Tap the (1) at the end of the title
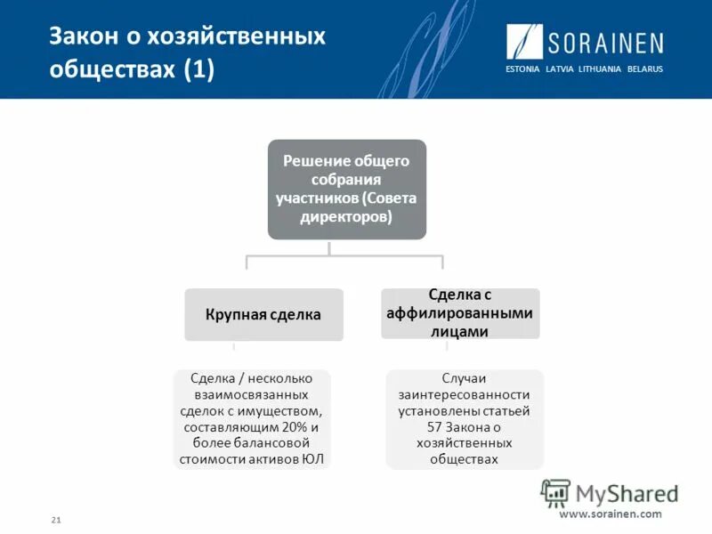[199, 71]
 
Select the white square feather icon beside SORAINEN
[525, 42]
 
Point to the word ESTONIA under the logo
[522, 69]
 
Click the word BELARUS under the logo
[644, 69]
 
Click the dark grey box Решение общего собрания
[347, 189]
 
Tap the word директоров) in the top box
[347, 216]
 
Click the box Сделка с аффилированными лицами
[460, 312]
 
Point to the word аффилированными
[460, 312]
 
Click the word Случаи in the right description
[464, 377]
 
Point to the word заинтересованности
[464, 394]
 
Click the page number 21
[56, 519]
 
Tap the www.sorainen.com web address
[611, 514]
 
